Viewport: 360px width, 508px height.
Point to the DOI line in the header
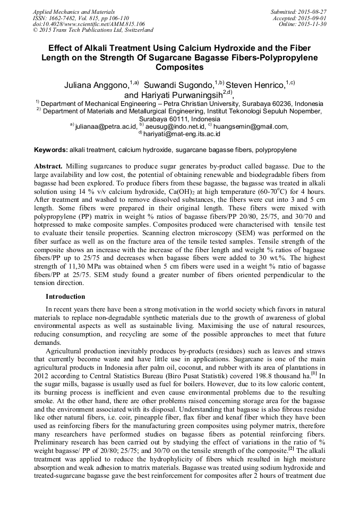[89, 24]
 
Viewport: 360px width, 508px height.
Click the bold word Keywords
[50, 150]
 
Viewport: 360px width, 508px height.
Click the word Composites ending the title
[179, 68]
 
